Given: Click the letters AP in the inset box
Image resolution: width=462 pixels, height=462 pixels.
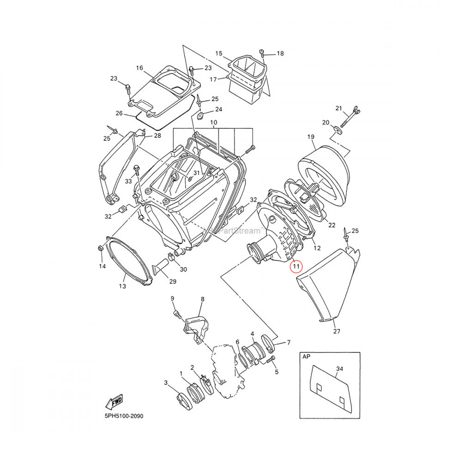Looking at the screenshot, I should coord(306,357).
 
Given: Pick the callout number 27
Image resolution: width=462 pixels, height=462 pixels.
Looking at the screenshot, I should coord(336,331).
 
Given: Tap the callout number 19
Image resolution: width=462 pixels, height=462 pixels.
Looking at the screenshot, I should coord(310,137).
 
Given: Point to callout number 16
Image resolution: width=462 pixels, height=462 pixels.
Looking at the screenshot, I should coord(140,68).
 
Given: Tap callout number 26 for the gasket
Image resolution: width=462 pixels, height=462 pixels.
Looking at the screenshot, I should coord(119,113).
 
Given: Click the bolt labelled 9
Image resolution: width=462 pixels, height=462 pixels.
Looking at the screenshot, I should coord(176,314).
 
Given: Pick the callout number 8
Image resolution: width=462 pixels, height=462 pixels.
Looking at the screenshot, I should coord(202,299).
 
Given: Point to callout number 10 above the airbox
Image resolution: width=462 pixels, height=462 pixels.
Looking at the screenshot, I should coord(213,122).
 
